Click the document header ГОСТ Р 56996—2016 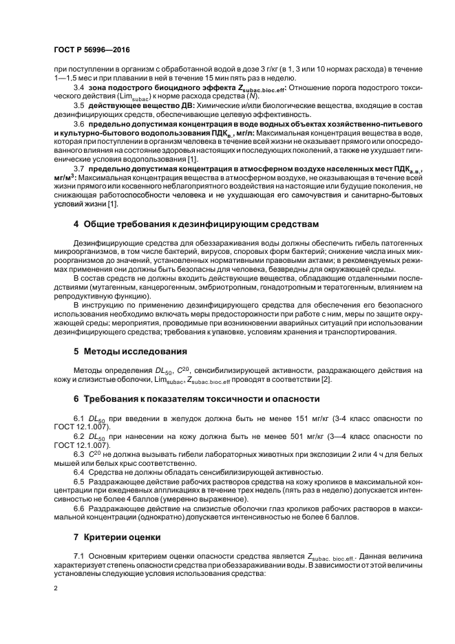click(x=92, y=52)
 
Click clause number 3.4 click(x=78, y=89)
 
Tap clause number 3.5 click(x=78, y=106)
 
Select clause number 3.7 click(x=78, y=169)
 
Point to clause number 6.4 click(x=78, y=471)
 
